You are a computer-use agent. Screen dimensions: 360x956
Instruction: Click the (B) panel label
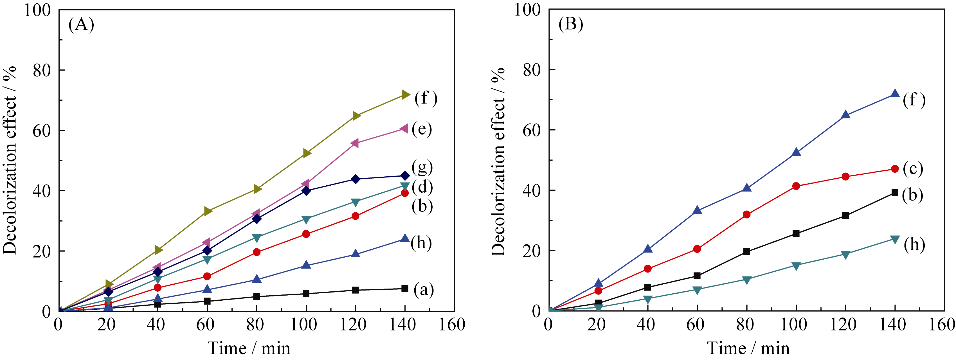[571, 24]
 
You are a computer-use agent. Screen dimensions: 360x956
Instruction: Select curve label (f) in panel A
[426, 98]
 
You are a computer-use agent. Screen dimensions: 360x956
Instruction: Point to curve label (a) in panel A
[424, 290]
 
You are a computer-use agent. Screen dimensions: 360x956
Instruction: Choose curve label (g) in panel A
[422, 167]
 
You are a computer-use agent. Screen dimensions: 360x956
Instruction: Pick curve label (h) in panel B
[914, 245]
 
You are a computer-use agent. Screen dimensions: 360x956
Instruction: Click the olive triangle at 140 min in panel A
[405, 95]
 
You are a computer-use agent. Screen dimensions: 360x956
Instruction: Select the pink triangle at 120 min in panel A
[355, 143]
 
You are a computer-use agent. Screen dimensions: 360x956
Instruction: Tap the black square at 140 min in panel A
[405, 288]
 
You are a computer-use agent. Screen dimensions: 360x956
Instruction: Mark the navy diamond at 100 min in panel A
[306, 191]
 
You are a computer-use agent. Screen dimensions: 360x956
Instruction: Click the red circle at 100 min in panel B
[796, 186]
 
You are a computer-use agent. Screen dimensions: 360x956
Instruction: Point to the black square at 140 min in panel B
[895, 192]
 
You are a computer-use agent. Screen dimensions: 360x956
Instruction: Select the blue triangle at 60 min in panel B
[697, 210]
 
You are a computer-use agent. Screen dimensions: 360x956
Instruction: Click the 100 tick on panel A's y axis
[37, 10]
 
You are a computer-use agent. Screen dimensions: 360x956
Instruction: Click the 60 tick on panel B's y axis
[532, 130]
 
